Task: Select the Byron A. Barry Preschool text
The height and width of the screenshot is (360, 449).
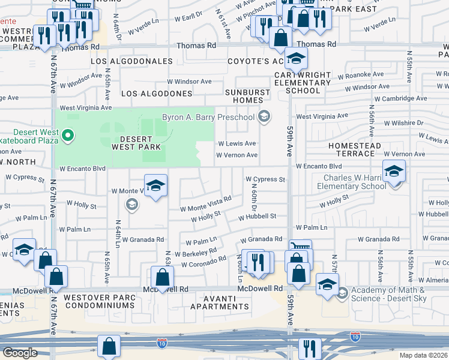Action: click(x=208, y=117)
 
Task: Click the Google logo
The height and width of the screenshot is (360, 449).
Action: click(x=20, y=353)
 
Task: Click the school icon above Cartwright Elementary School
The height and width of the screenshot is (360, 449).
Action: click(x=296, y=59)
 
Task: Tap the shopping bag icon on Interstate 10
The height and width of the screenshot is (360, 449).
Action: click(x=109, y=346)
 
